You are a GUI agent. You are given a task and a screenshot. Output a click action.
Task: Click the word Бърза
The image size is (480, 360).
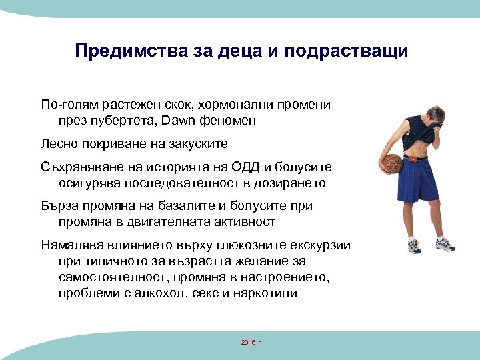(58, 205)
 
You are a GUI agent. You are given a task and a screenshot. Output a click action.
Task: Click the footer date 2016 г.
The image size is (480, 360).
(251, 342)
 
